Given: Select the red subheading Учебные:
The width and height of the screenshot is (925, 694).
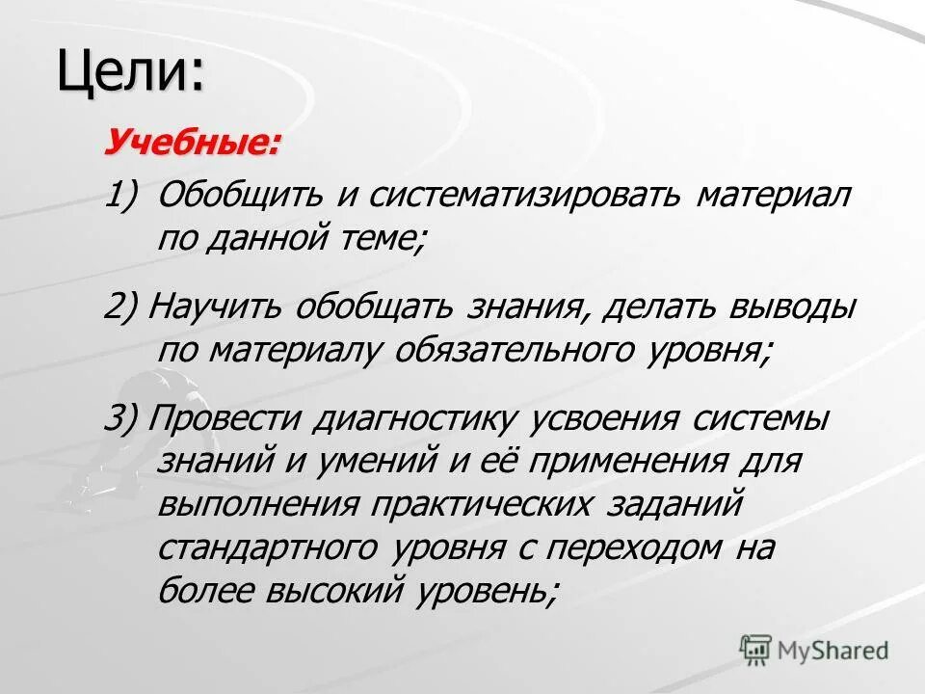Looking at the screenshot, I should pyautogui.click(x=193, y=143).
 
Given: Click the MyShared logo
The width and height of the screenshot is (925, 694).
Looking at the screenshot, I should pyautogui.click(x=814, y=650).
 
